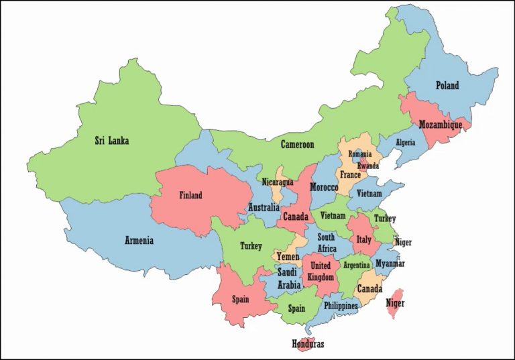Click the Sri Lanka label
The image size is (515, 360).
point(111,141)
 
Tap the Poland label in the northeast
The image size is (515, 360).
point(447,85)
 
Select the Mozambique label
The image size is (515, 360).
point(440,125)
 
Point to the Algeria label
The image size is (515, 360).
point(405,143)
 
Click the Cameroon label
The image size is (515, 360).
point(297,144)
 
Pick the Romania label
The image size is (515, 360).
point(359,154)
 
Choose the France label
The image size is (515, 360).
point(350,174)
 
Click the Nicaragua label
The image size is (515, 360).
point(278,182)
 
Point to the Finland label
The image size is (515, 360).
point(190,196)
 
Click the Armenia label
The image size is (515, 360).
point(139,240)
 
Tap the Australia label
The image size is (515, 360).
point(264,207)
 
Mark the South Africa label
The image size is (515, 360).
point(327,243)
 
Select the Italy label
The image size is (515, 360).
point(363,239)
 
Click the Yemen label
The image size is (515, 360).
point(288,256)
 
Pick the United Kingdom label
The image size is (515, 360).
point(320,271)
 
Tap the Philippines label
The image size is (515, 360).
point(341,306)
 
